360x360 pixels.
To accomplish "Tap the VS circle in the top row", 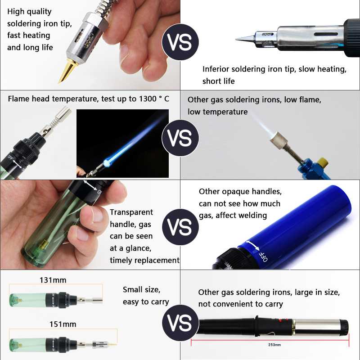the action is (x=180, y=42).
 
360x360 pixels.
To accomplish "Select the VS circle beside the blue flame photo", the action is (x=180, y=138).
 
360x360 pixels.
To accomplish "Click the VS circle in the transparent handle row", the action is (x=180, y=227).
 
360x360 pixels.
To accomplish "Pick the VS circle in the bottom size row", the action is (x=180, y=323).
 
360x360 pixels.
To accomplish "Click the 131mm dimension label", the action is (x=53, y=280).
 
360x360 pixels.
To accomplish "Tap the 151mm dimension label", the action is (x=63, y=324).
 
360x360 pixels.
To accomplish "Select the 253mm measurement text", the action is (x=274, y=345).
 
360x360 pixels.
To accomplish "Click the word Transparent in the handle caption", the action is (x=131, y=212).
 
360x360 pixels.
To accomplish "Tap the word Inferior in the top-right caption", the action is (x=216, y=69).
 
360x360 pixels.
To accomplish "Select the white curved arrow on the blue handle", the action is (x=252, y=245).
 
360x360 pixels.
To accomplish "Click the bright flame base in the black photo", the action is (x=107, y=163).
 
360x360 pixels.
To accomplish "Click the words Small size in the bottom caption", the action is (x=141, y=290).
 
